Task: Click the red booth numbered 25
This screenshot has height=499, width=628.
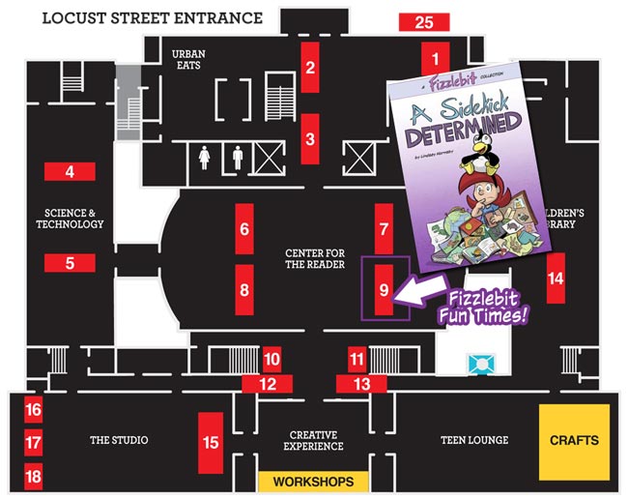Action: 423,22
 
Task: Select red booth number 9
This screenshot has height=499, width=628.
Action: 384,288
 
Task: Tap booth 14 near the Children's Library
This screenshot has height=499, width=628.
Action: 555,279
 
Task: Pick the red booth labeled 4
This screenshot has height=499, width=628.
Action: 70,173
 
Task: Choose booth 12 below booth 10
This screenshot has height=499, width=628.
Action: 271,384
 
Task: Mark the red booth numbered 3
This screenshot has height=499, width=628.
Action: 310,138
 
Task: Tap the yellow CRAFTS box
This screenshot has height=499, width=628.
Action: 574,441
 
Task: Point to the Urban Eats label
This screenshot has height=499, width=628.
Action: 189,60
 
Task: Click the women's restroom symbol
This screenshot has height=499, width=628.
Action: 205,157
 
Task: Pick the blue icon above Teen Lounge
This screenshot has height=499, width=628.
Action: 480,364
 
